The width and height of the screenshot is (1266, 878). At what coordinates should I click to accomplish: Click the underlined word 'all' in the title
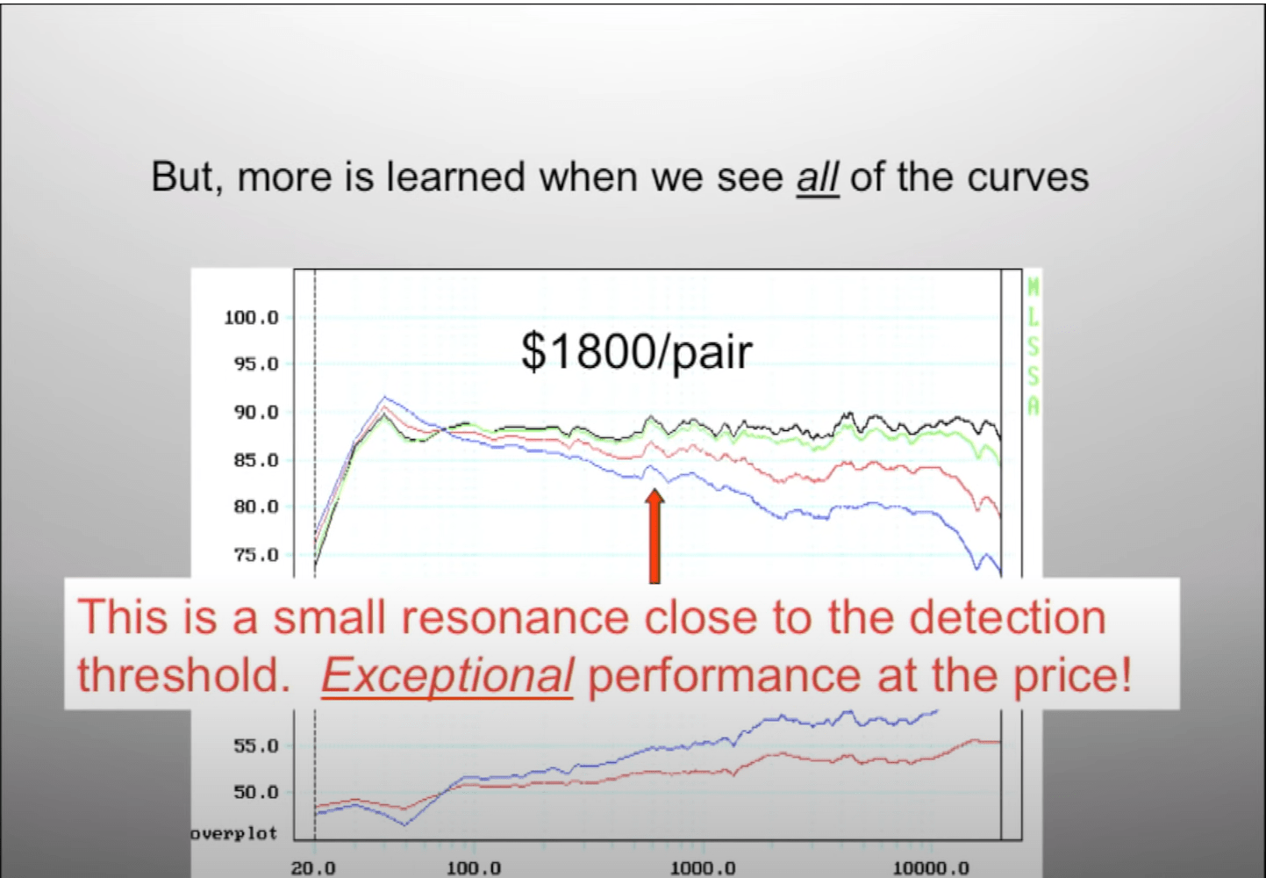click(818, 177)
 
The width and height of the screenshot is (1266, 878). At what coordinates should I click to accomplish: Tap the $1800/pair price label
click(636, 352)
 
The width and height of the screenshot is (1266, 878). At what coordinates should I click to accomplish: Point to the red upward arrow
click(654, 536)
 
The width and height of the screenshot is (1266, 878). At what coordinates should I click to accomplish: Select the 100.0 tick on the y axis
click(252, 318)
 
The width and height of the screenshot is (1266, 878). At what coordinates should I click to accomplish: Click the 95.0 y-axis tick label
click(256, 363)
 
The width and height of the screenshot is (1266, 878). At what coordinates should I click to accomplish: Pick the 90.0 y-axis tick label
click(256, 413)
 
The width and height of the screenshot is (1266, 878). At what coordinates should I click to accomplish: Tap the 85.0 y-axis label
click(256, 460)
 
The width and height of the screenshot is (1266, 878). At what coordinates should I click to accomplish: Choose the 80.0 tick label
click(256, 507)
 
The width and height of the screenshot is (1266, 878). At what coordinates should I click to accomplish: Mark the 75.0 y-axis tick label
click(256, 555)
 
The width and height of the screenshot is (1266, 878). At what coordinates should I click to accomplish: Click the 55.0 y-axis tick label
click(256, 746)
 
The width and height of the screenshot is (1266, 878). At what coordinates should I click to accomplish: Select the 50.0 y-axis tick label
click(256, 792)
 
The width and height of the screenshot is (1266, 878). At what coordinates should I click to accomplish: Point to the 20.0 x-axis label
click(313, 867)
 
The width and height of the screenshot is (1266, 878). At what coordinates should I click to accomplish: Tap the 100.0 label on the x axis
click(474, 867)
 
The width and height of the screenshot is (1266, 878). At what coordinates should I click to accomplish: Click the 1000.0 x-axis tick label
click(703, 867)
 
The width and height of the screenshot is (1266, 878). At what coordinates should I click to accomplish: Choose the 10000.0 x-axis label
click(931, 867)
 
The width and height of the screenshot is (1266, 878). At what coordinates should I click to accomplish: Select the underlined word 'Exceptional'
click(447, 676)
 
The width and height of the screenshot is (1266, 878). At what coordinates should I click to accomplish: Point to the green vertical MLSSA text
click(1033, 347)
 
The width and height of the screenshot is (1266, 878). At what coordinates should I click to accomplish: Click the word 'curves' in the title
click(1027, 177)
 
